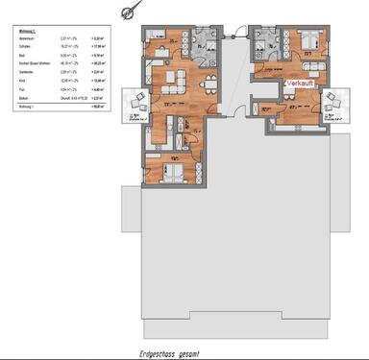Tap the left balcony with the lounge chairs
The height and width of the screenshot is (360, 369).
pos(135,101)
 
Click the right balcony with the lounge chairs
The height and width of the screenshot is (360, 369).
pos(335,100)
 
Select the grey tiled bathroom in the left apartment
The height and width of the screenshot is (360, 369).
pos(205,43)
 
